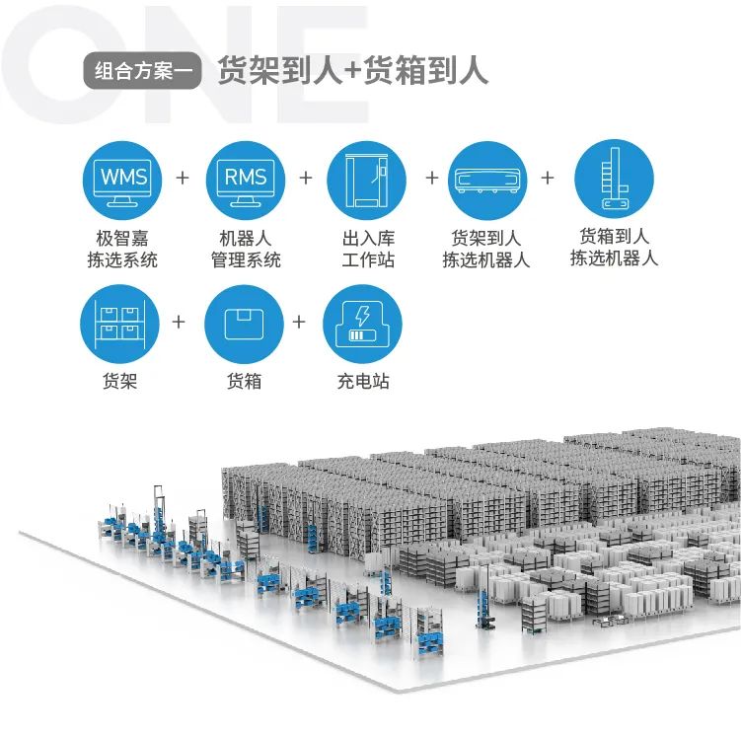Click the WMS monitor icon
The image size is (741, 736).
(121, 181)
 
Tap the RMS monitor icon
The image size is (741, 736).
(245, 181)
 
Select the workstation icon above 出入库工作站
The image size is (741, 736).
(367, 181)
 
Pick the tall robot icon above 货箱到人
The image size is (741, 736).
(613, 179)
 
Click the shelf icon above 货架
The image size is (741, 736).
(120, 324)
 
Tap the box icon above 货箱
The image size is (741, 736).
(244, 324)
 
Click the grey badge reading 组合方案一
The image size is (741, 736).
(143, 71)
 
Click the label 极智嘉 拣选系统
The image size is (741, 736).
(121, 250)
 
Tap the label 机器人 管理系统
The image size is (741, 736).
(245, 250)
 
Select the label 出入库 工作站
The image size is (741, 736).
(367, 250)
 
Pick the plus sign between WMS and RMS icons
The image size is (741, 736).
(182, 179)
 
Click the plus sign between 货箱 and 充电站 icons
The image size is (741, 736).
(301, 323)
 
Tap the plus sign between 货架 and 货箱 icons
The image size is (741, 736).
(179, 323)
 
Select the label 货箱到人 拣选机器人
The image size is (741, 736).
(614, 248)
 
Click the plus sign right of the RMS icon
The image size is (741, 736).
(306, 179)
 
